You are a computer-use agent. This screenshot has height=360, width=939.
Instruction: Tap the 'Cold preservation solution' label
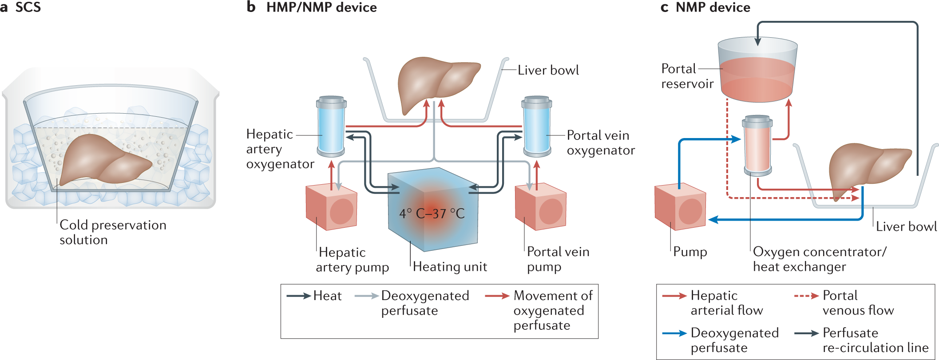[113, 232]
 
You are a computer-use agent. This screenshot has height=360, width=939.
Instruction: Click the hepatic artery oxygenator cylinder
[331, 127]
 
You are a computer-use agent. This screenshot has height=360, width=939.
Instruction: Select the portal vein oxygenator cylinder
[536, 127]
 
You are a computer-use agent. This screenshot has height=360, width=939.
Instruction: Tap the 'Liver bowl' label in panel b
[548, 70]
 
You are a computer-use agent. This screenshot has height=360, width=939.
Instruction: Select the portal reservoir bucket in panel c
[757, 71]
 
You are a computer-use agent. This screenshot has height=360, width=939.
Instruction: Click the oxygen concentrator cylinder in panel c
[757, 146]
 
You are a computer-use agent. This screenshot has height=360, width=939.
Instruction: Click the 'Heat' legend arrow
[298, 296]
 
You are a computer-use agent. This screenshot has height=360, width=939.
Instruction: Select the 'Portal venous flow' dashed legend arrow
[806, 296]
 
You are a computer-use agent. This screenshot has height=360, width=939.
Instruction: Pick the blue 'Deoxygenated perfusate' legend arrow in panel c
[674, 333]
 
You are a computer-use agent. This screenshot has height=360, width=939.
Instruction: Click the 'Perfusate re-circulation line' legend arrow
[806, 333]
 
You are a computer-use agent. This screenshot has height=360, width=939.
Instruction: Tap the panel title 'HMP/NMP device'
[321, 8]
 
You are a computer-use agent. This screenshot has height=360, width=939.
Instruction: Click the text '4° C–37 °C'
[432, 214]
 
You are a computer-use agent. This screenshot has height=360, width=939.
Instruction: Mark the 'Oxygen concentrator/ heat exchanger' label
[819, 259]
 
